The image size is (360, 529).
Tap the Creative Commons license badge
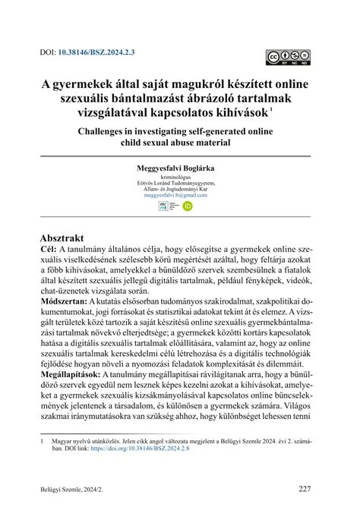pyautogui.click(x=288, y=57)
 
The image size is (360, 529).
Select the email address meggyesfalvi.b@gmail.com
pyautogui.click(x=180, y=195)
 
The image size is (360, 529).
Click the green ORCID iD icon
pyautogui.click(x=187, y=206)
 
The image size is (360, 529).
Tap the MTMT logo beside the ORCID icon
pyautogui.click(x=172, y=206)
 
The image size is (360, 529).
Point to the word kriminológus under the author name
pyautogui.click(x=180, y=177)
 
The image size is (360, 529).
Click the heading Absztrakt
pyautogui.click(x=66, y=237)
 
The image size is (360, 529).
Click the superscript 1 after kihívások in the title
pyautogui.click(x=292, y=109)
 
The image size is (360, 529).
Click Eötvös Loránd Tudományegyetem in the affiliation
pyautogui.click(x=180, y=183)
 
